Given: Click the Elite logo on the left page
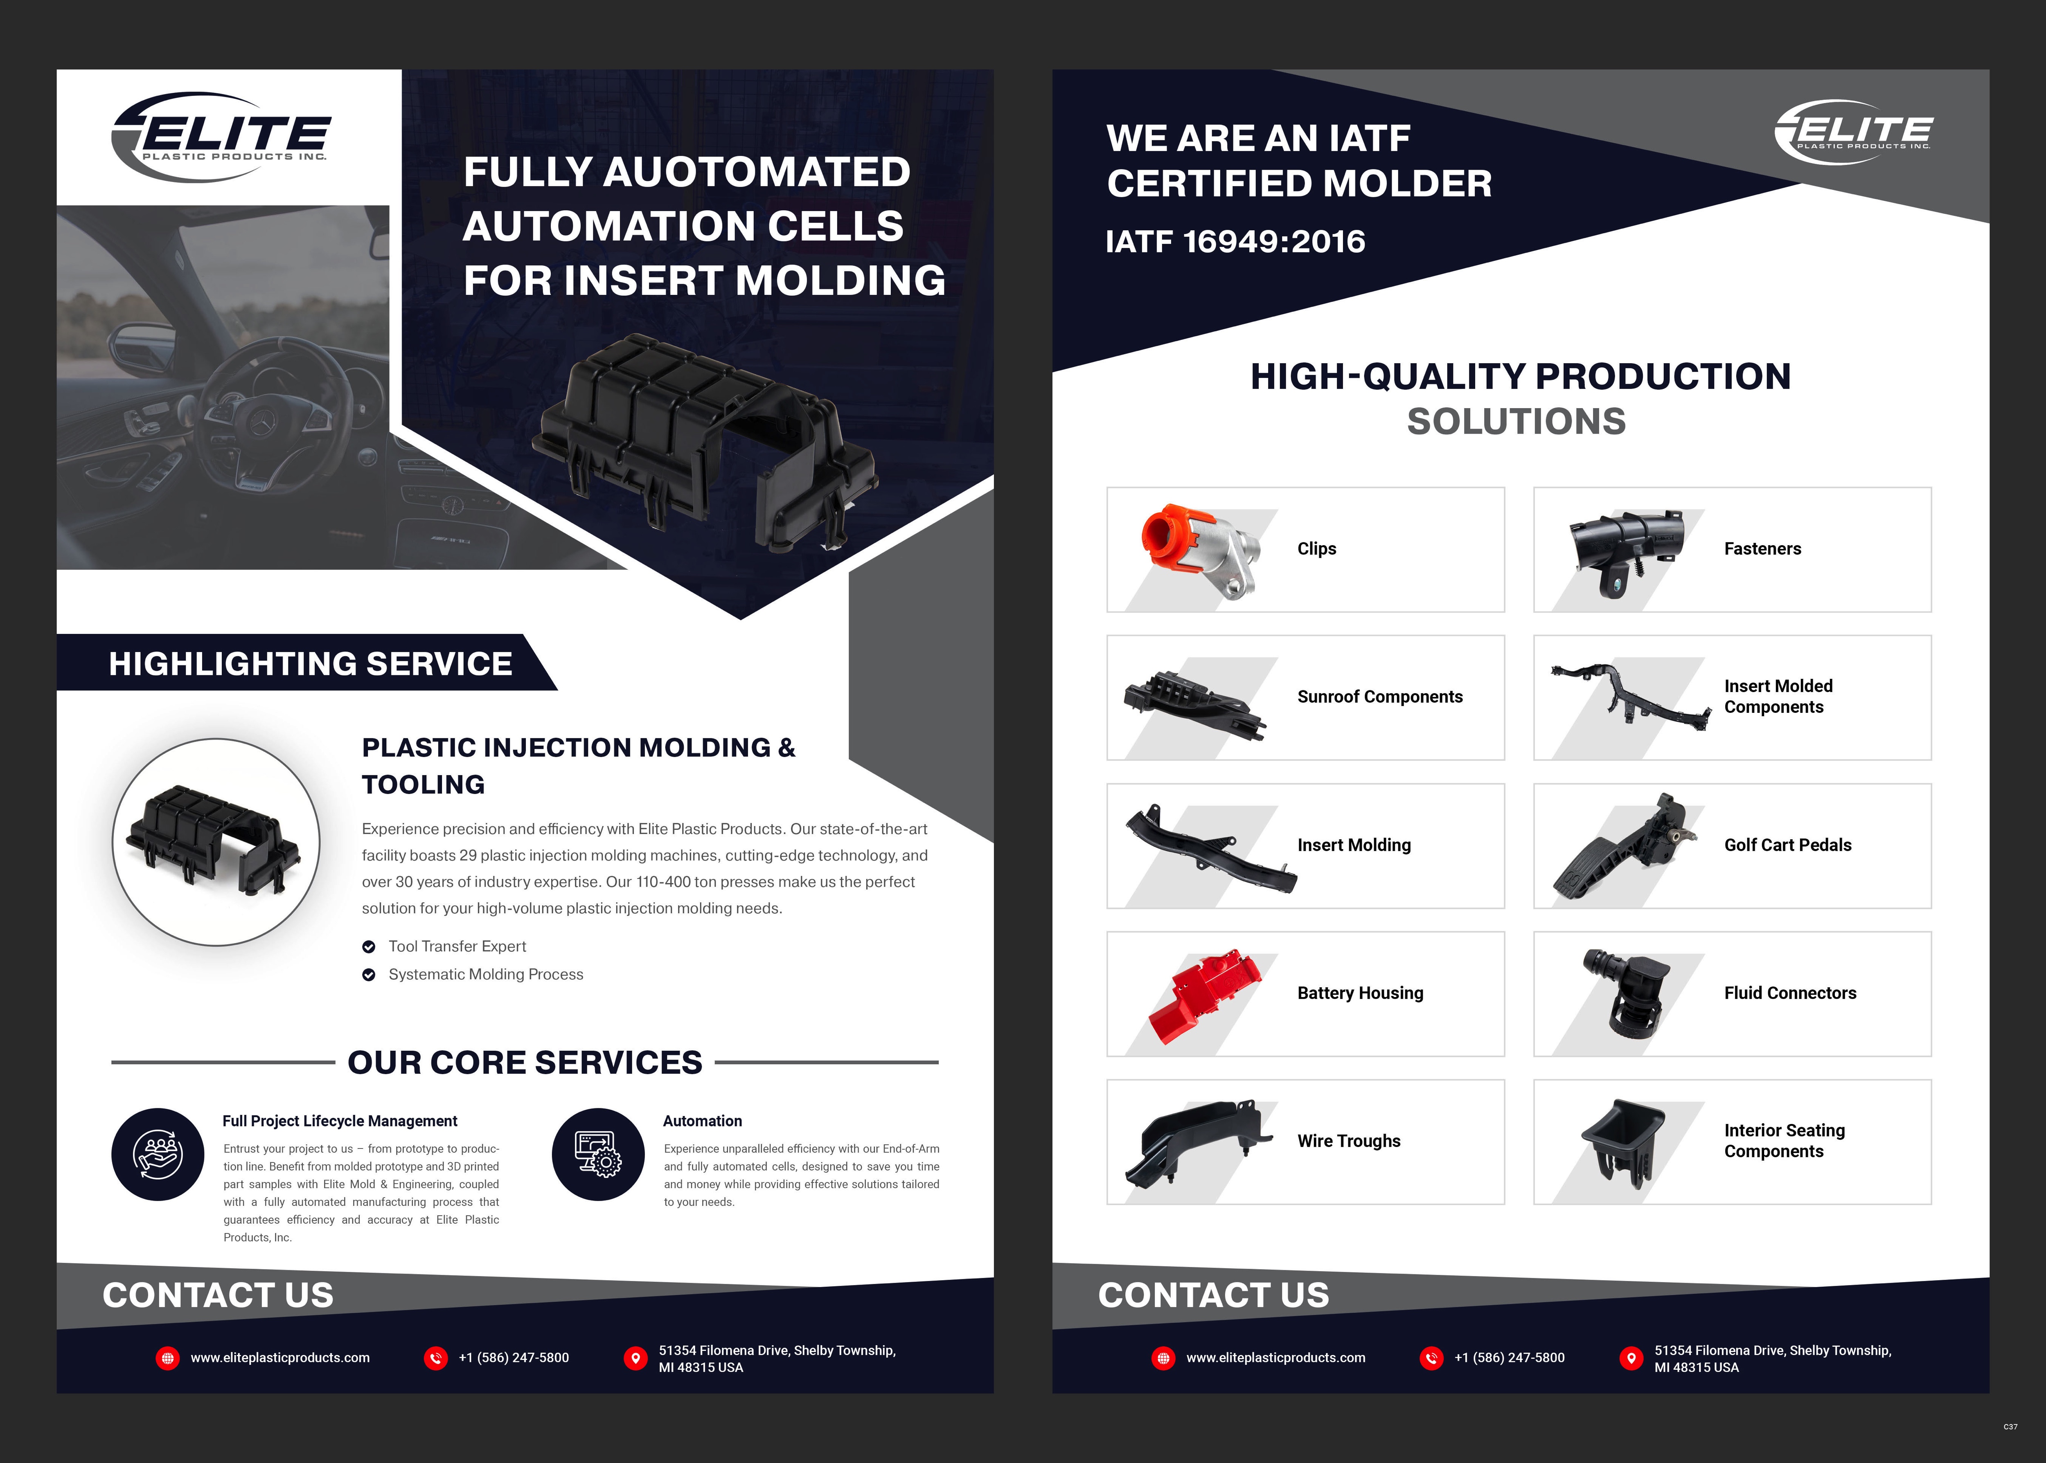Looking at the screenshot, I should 221,137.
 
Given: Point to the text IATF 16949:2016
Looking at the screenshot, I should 1235,241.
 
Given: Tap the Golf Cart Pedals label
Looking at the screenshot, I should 1787,845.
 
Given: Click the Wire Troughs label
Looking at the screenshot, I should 1348,1142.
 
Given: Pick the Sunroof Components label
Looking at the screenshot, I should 1379,697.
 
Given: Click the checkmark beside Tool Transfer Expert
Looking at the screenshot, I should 369,947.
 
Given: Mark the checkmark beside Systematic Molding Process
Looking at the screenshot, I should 369,975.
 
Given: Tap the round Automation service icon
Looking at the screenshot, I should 599,1154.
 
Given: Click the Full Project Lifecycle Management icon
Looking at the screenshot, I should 158,1154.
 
